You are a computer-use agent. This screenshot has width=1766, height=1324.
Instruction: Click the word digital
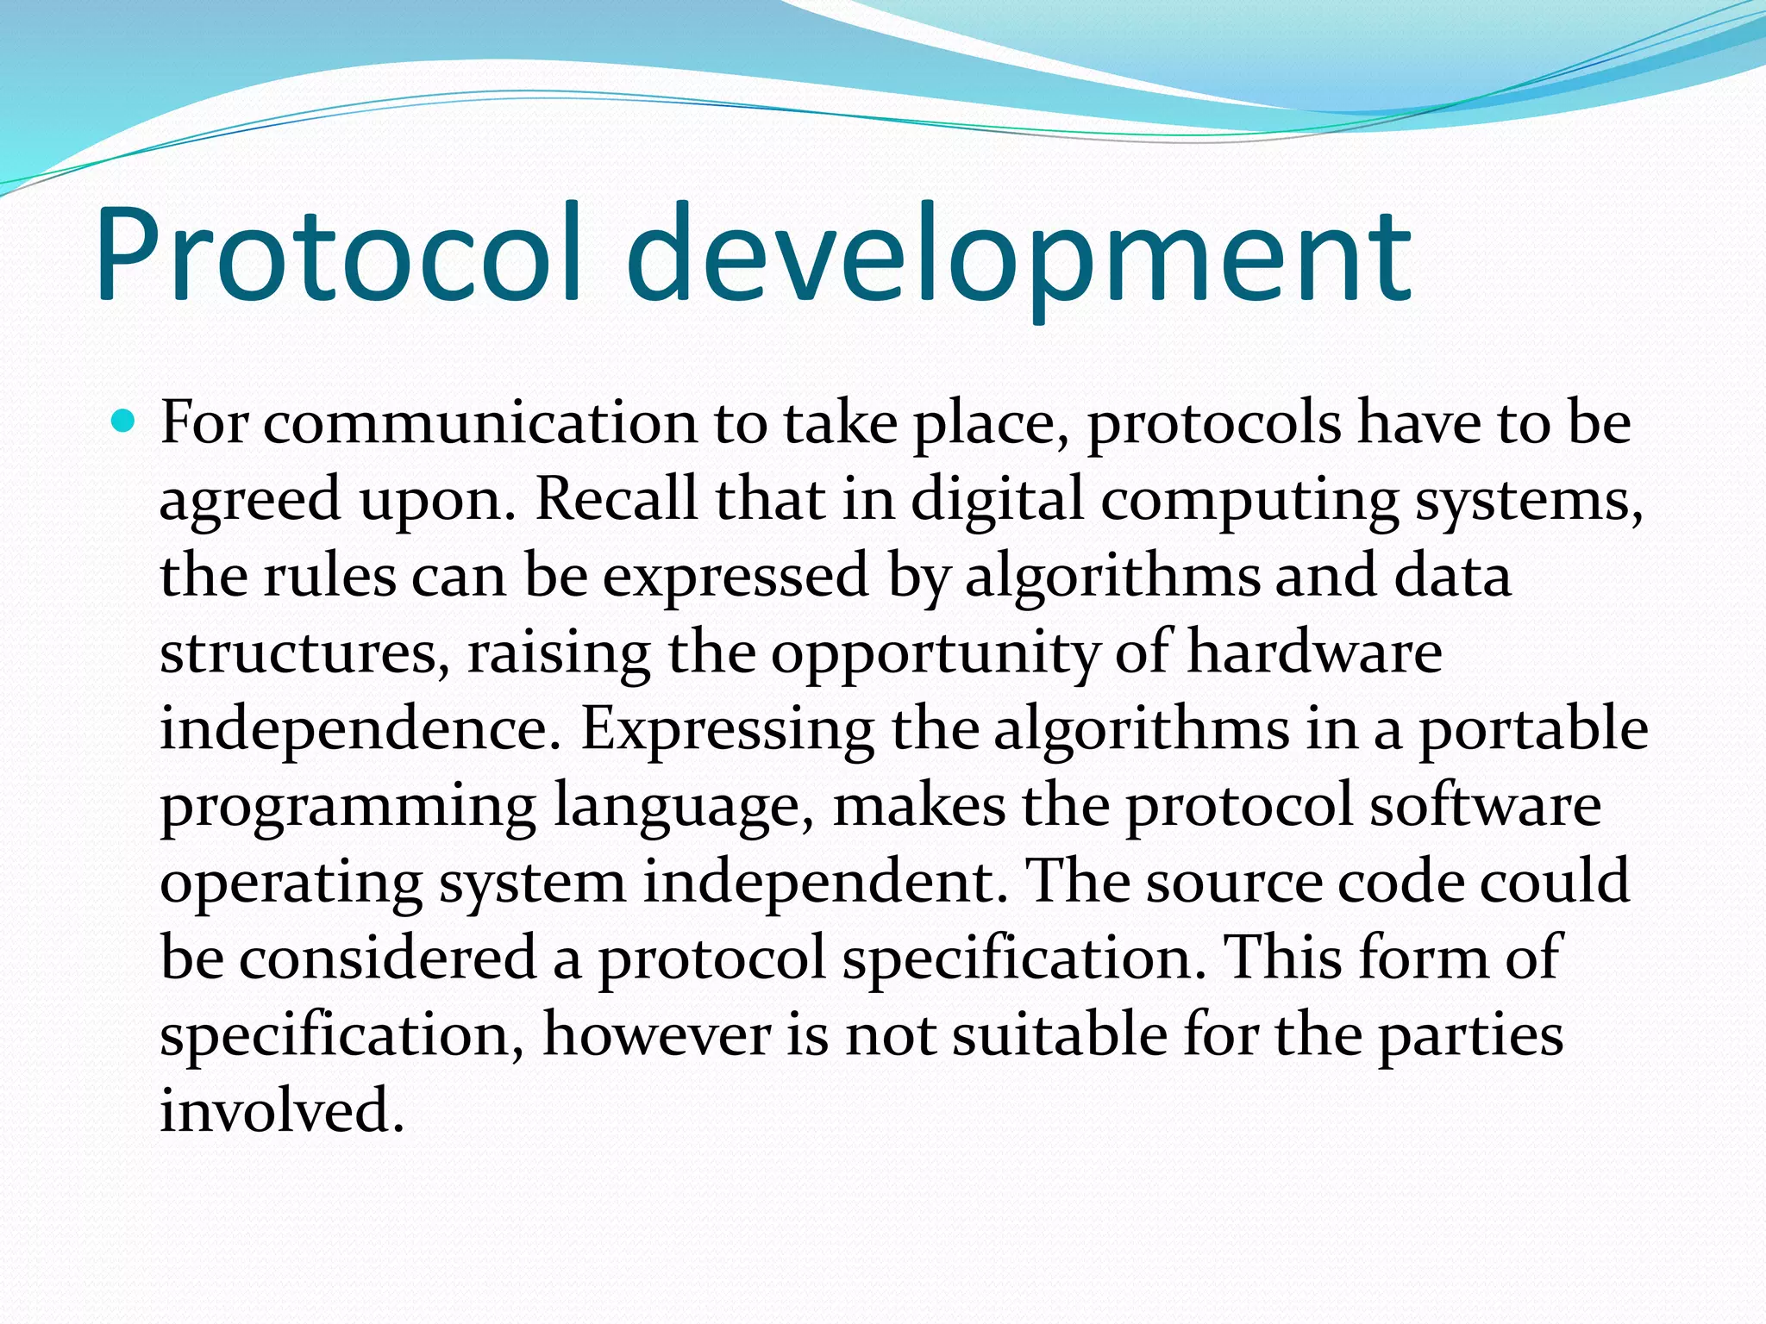pyautogui.click(x=996, y=501)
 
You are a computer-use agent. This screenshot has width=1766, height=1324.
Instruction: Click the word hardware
pyautogui.click(x=1314, y=652)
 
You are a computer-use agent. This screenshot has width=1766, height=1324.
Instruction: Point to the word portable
pyautogui.click(x=1533, y=730)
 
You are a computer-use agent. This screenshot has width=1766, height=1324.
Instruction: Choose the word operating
pyautogui.click(x=291, y=884)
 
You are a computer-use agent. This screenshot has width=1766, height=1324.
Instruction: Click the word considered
pyautogui.click(x=386, y=958)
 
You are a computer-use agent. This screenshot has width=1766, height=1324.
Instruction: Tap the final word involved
pyautogui.click(x=281, y=1109)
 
